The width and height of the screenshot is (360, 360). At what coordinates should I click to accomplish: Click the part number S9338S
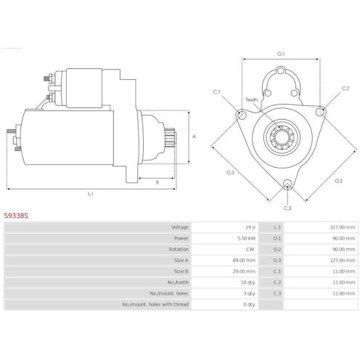16,216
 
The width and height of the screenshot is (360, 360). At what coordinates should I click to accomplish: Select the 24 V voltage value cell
250,227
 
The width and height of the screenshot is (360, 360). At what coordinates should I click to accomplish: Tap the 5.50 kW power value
246,238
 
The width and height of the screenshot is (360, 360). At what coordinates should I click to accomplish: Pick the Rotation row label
179,249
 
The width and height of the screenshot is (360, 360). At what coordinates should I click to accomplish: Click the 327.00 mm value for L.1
343,227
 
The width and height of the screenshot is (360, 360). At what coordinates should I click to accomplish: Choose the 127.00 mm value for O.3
343,261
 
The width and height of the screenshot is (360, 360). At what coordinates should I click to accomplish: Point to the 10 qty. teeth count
248,282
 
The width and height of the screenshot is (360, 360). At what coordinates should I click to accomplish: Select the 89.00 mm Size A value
244,261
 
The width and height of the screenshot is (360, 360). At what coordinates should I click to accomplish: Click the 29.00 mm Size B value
244,271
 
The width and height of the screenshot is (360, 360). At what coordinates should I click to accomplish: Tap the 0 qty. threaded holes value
249,304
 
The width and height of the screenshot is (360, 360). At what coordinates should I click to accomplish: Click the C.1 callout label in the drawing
216,91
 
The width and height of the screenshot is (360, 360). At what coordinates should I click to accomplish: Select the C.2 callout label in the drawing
345,89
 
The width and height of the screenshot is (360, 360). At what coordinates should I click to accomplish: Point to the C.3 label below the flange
287,208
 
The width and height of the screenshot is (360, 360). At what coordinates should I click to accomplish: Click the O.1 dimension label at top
281,54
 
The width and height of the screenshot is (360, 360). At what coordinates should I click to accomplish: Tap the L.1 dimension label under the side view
90,194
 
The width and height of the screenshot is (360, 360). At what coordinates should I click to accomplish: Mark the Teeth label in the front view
252,99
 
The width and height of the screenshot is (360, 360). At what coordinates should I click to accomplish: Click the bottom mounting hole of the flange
287,184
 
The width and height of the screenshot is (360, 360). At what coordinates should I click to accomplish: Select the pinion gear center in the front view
282,137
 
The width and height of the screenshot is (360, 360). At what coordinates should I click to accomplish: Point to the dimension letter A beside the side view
194,137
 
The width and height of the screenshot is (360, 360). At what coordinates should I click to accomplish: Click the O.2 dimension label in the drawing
338,181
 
